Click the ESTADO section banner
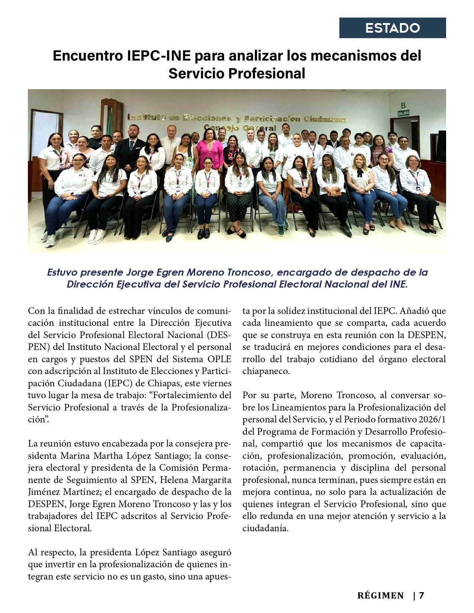(392, 28)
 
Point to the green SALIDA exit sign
(403, 113)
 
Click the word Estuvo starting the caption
(62, 272)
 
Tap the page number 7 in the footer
(421, 596)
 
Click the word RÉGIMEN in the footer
(380, 596)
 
